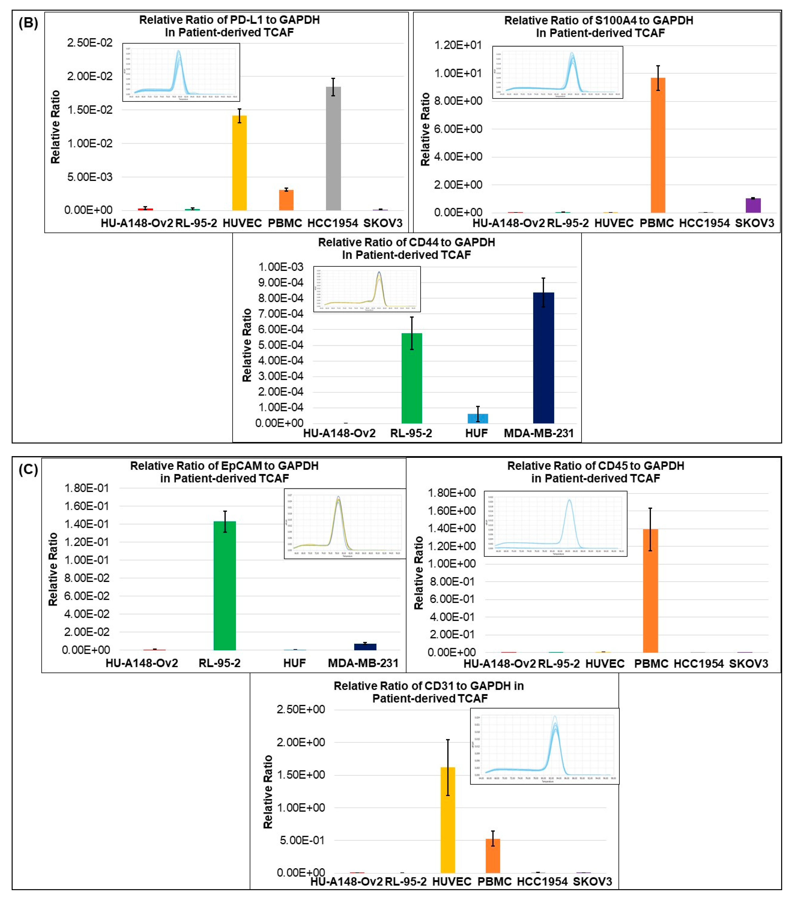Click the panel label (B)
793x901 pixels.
click(x=28, y=23)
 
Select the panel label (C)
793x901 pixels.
click(x=28, y=470)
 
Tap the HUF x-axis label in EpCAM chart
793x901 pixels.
click(x=294, y=663)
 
